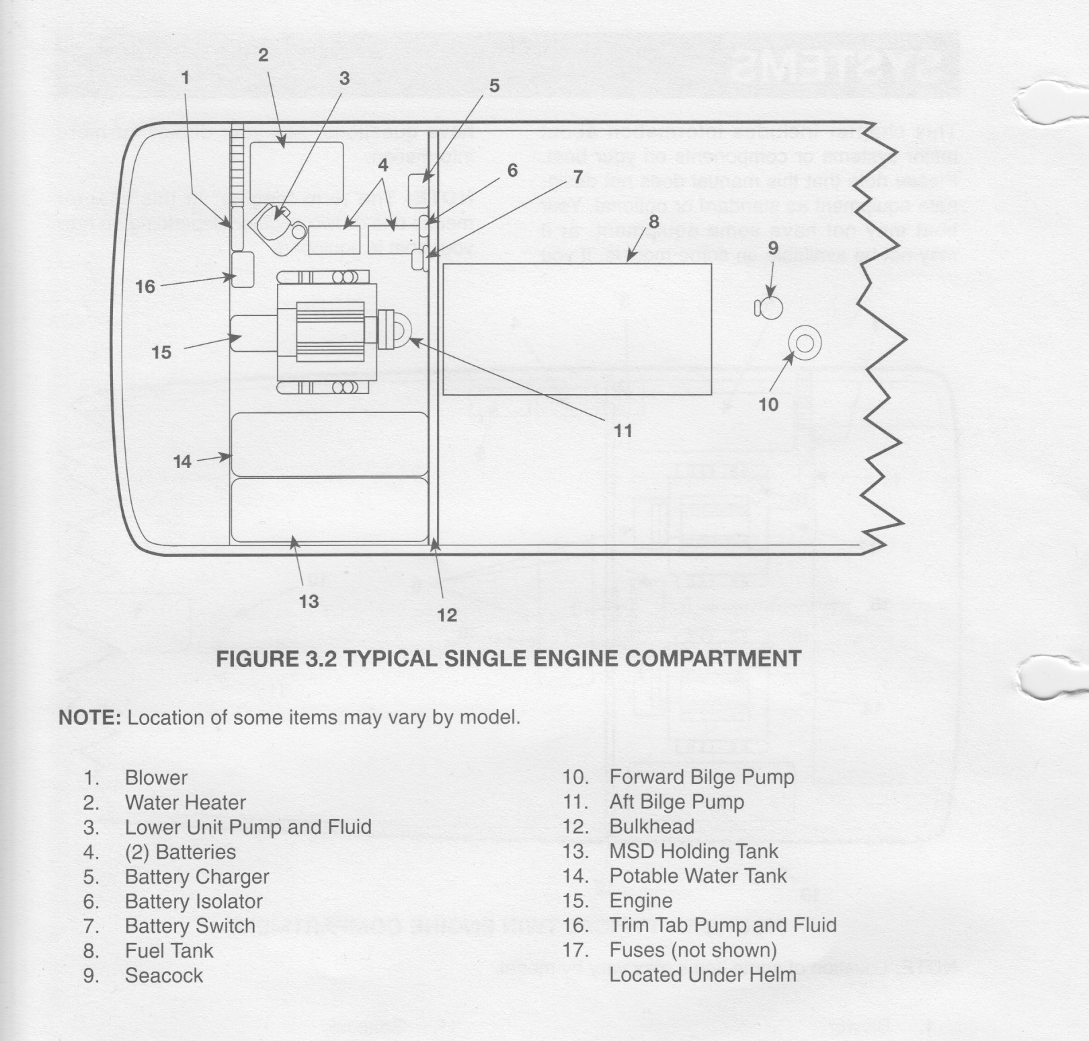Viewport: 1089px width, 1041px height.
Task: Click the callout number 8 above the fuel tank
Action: pos(653,221)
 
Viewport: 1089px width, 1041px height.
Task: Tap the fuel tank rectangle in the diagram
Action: pos(577,329)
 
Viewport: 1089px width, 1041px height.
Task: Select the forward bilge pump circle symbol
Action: pos(804,343)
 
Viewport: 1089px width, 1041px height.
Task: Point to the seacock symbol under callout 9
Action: pos(770,308)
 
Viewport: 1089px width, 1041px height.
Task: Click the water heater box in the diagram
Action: pos(296,172)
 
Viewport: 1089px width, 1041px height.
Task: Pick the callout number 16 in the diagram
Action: pos(145,287)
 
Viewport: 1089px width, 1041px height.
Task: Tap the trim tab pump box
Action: pos(243,269)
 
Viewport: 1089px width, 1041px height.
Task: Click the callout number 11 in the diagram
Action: pos(623,430)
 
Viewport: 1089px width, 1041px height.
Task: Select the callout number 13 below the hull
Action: pos(309,601)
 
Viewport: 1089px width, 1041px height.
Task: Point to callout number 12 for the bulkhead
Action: pos(447,615)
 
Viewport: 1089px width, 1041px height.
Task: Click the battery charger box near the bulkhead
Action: pos(421,189)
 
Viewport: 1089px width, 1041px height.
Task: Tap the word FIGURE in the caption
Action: pos(253,658)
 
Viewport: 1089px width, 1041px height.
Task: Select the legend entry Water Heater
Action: pos(186,802)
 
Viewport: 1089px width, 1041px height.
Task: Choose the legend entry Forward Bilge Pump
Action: pos(702,777)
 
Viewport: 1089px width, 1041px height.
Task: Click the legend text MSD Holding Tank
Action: pos(694,851)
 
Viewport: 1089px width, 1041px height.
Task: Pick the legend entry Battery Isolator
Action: pos(194,901)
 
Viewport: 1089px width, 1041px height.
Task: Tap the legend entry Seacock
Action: pos(164,976)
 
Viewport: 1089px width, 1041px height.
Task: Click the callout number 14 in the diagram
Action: pos(182,461)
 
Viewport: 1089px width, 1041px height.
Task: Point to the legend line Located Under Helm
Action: pos(702,974)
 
